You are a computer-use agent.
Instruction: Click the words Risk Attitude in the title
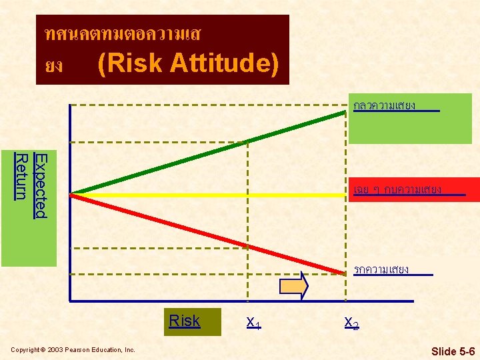[187, 64]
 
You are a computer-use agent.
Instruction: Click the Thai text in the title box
[120, 33]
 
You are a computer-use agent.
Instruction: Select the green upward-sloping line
[207, 153]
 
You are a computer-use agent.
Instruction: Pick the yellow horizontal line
[207, 195]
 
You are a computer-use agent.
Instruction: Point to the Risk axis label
[184, 321]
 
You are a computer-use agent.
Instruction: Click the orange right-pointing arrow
[294, 286]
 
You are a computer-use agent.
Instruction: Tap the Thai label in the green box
[385, 105]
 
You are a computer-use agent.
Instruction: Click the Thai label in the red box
[398, 189]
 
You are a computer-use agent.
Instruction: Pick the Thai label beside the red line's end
[381, 269]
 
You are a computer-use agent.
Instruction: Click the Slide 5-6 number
[453, 351]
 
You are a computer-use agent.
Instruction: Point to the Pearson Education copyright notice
[73, 350]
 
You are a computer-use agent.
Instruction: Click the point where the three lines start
[72, 194]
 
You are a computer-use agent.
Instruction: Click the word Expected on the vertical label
[40, 185]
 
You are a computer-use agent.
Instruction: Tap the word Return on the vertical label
[21, 177]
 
